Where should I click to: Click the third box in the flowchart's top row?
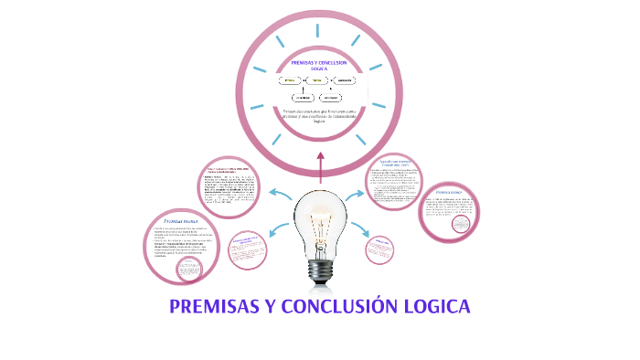tap(344, 80)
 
